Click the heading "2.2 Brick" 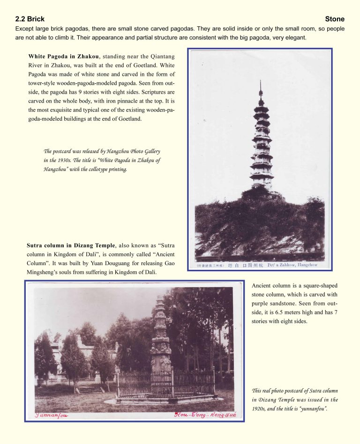point(30,19)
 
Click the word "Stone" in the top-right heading point(334,19)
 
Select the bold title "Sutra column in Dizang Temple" point(70,245)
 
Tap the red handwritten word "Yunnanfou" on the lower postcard point(52,414)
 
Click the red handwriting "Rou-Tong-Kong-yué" point(205,414)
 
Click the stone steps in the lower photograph point(91,389)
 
